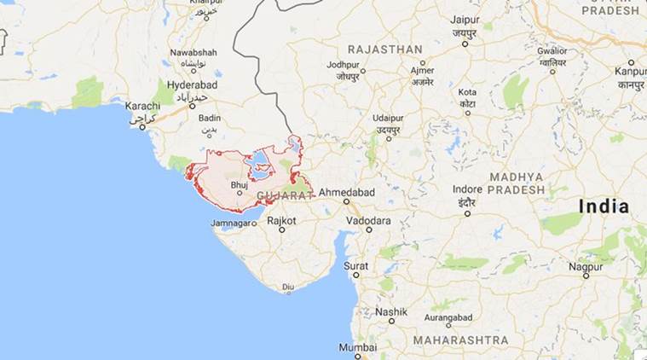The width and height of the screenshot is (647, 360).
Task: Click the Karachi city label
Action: pyautogui.click(x=142, y=106)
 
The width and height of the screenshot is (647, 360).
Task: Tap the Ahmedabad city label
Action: pyautogui.click(x=346, y=192)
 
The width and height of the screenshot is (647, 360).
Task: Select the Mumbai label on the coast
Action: pyautogui.click(x=358, y=347)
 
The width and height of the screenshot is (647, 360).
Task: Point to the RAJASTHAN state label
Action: pyautogui.click(x=384, y=49)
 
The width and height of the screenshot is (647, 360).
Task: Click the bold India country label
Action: pyautogui.click(x=604, y=206)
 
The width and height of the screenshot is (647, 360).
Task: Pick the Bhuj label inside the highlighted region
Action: pyautogui.click(x=240, y=184)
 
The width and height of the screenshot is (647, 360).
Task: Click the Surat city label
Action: pyautogui.click(x=356, y=265)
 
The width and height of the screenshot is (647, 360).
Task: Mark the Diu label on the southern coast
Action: pyautogui.click(x=288, y=287)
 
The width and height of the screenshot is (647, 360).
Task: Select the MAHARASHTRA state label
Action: pyautogui.click(x=461, y=340)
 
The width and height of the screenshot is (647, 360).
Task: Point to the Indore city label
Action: pyautogui.click(x=467, y=189)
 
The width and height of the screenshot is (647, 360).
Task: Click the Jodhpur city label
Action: pyautogui.click(x=343, y=64)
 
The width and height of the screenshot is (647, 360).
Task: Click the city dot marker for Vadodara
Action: pyautogui.click(x=369, y=229)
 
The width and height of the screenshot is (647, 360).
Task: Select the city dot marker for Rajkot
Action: pyautogui.click(x=281, y=229)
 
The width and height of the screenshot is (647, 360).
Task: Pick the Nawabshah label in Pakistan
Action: pyautogui.click(x=194, y=52)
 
